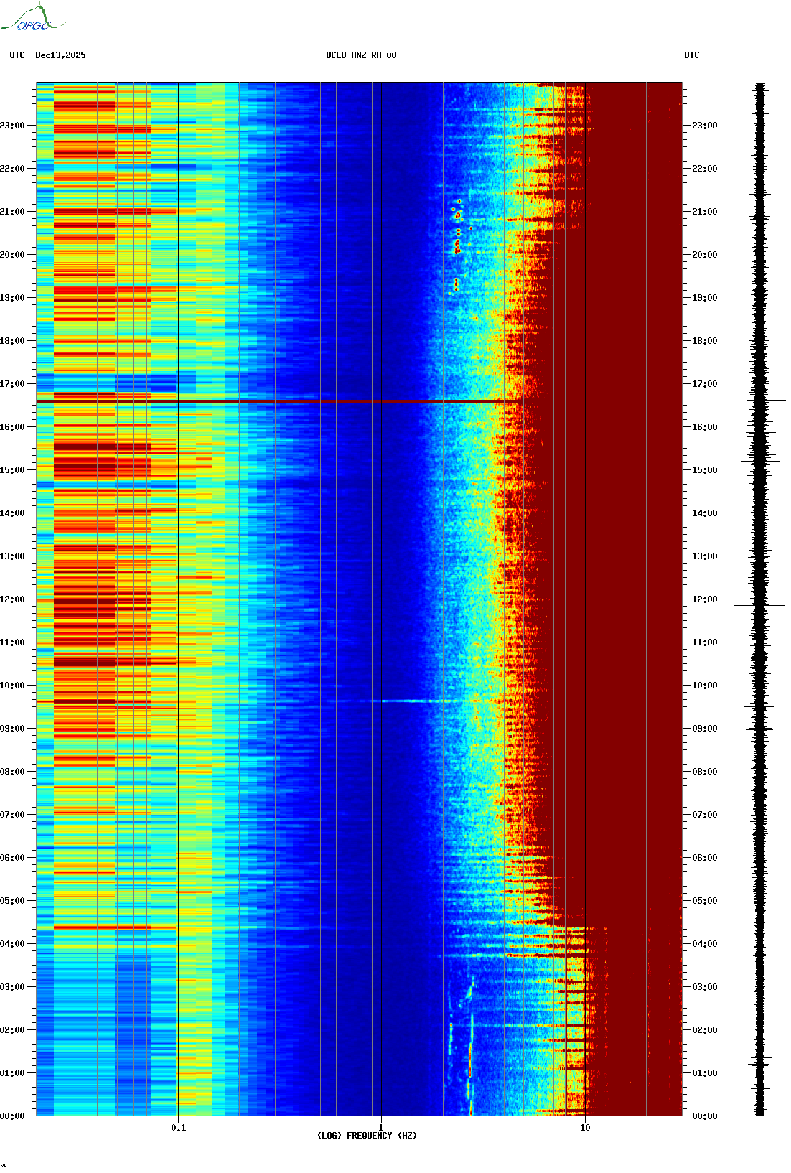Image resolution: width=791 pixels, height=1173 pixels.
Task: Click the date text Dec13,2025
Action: point(60,55)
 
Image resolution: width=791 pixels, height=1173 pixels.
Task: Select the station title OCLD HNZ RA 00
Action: point(361,55)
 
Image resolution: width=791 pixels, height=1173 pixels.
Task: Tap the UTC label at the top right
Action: point(691,55)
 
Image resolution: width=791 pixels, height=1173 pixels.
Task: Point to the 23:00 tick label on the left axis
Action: point(12,126)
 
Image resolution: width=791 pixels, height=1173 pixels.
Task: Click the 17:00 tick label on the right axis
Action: point(704,384)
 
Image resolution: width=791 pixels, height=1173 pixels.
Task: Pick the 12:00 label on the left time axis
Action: point(12,599)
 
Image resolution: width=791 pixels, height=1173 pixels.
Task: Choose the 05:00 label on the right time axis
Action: point(704,901)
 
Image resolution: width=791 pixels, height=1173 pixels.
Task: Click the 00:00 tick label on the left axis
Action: point(12,1116)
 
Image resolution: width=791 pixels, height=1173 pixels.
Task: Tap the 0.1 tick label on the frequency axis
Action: point(179,1128)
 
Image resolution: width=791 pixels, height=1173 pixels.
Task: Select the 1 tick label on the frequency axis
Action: point(380,1128)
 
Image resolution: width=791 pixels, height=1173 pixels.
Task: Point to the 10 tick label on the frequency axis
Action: point(585,1128)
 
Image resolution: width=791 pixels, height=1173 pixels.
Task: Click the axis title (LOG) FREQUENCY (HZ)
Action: point(367,1136)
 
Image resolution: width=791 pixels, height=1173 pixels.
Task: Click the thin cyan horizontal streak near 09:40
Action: point(409,701)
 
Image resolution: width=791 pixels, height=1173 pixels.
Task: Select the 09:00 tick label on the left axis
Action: point(12,729)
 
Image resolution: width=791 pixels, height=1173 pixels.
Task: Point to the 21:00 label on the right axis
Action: point(704,212)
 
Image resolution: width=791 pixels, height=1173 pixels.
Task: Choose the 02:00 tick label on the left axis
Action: point(12,1030)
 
